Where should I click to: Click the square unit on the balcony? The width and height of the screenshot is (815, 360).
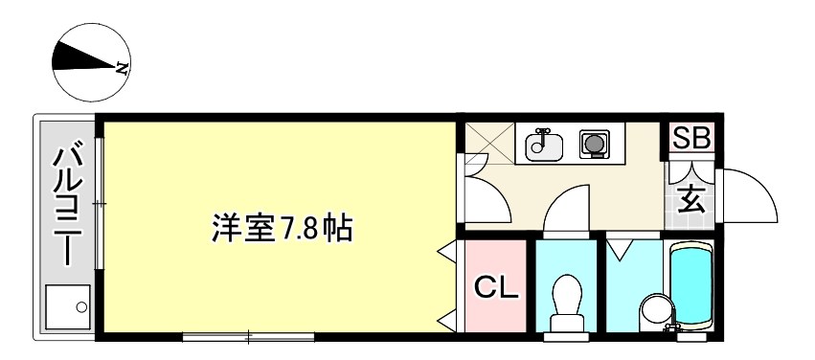tap(68, 307)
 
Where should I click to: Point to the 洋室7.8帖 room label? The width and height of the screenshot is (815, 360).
tap(282, 229)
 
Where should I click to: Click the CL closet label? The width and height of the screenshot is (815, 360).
tap(497, 288)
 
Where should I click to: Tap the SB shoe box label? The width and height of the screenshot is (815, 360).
tap(691, 139)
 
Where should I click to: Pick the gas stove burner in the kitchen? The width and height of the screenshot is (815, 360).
tap(595, 143)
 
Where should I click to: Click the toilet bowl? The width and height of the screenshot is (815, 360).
tap(568, 303)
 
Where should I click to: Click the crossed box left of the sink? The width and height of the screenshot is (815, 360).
tap(488, 143)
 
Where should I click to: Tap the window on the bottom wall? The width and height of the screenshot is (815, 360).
tap(249, 337)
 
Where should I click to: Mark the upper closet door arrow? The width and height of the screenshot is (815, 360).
tap(446, 253)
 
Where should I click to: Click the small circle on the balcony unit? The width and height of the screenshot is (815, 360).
tap(81, 307)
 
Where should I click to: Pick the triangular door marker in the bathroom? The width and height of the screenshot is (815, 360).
tap(620, 250)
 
